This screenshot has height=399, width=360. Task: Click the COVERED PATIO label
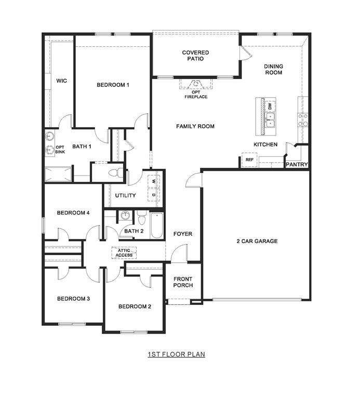[195, 56]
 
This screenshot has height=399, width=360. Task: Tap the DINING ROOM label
[273, 69]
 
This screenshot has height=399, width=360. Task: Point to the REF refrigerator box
[249, 159]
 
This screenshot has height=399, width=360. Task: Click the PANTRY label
[297, 165]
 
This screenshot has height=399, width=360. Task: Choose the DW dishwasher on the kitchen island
[270, 106]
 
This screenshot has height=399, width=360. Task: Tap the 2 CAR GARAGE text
[257, 241]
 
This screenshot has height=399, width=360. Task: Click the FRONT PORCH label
[183, 282]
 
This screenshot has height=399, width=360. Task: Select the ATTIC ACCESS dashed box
[124, 253]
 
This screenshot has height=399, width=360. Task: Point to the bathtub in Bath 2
[157, 226]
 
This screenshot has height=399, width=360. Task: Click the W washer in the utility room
[154, 182]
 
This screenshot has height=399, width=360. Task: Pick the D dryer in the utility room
[154, 195]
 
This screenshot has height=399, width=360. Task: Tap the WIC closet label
[62, 81]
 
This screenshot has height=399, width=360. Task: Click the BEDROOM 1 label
[113, 85]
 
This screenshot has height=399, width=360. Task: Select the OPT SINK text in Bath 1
[60, 150]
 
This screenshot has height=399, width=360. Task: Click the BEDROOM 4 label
[73, 212]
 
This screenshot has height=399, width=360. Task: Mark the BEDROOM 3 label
[73, 299]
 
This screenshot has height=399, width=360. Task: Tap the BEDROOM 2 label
[135, 307]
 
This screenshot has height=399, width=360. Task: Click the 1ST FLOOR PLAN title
[176, 354]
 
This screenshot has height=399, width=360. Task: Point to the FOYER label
[182, 234]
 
